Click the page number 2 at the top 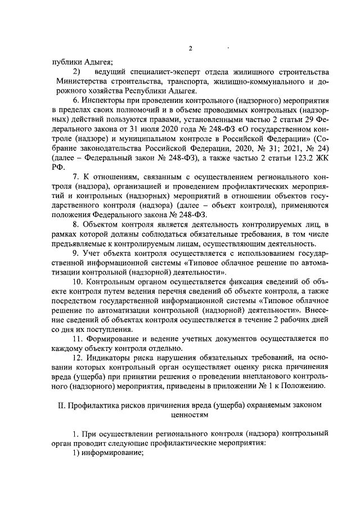(x=191, y=48)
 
